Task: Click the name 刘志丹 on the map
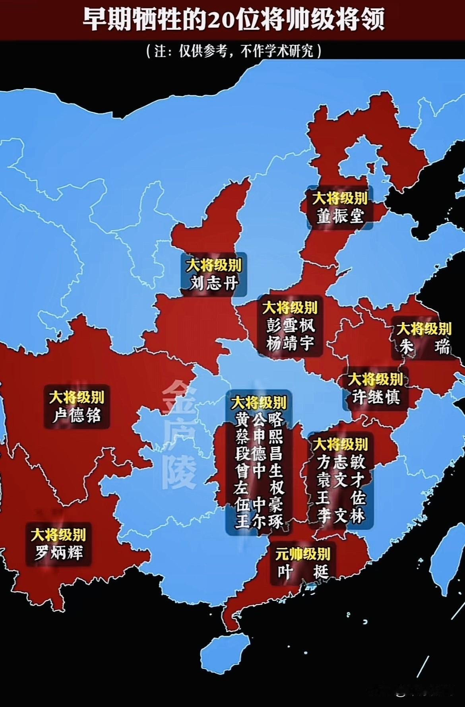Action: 214,283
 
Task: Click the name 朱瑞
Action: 424,347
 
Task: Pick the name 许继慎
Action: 376,397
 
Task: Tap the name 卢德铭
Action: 77,416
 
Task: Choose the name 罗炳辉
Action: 59,553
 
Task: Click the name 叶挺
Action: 302,572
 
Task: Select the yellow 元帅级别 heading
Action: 302,554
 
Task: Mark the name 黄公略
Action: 259,420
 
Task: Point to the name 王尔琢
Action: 259,521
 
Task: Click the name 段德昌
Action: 259,453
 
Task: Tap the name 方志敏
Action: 341,462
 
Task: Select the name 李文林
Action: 341,516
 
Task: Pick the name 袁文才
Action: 341,480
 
